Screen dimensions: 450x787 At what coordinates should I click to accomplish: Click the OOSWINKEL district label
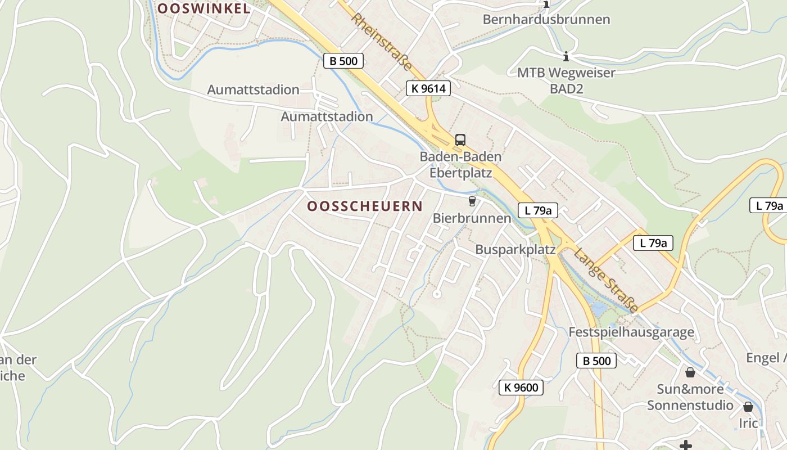pyautogui.click(x=203, y=8)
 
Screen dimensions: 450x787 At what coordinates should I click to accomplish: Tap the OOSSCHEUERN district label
pyautogui.click(x=365, y=206)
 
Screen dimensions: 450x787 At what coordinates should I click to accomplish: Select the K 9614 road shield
pyautogui.click(x=428, y=88)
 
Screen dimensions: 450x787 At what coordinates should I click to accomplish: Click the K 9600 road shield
pyautogui.click(x=521, y=387)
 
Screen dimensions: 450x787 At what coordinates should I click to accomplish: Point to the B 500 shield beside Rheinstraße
pyautogui.click(x=343, y=61)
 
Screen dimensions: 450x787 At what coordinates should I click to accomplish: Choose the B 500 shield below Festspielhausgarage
pyautogui.click(x=596, y=361)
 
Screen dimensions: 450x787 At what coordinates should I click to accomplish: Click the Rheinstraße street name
pyautogui.click(x=382, y=42)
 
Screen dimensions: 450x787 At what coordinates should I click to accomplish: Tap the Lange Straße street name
pyautogui.click(x=606, y=280)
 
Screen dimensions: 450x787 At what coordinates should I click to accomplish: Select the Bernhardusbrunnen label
pyautogui.click(x=546, y=20)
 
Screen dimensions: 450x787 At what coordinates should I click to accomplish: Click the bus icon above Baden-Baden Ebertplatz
pyautogui.click(x=460, y=140)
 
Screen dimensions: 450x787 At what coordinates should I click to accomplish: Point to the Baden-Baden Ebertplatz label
pyautogui.click(x=460, y=165)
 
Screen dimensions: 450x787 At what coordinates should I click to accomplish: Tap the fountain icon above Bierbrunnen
pyautogui.click(x=472, y=201)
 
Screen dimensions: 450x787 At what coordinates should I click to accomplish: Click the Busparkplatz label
pyautogui.click(x=515, y=250)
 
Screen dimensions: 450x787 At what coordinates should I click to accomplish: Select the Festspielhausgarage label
pyautogui.click(x=631, y=332)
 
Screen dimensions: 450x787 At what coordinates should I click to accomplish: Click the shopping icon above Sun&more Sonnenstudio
pyautogui.click(x=690, y=372)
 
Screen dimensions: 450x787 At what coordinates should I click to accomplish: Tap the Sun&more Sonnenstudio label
pyautogui.click(x=690, y=397)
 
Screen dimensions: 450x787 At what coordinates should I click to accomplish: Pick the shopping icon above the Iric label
pyautogui.click(x=748, y=407)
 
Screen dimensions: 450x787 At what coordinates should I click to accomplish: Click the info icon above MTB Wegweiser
pyautogui.click(x=566, y=56)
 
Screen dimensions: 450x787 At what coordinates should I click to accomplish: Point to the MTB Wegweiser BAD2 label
pyautogui.click(x=566, y=80)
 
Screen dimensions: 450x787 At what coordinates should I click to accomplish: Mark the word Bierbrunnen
pyautogui.click(x=472, y=218)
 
